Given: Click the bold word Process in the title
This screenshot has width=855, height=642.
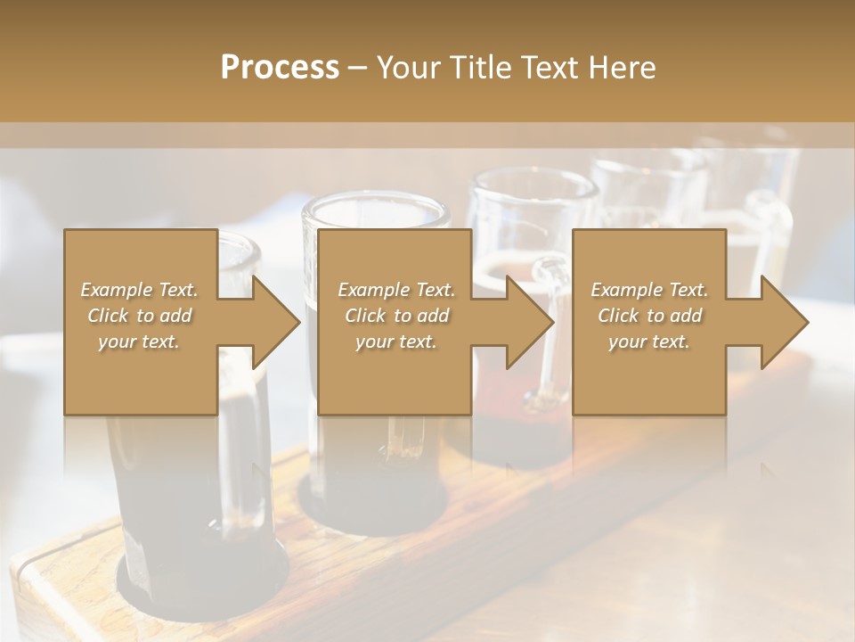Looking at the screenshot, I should click(x=280, y=68).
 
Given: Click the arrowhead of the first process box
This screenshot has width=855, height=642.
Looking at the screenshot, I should click(x=277, y=322).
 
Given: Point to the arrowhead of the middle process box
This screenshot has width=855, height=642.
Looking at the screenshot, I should click(x=531, y=322).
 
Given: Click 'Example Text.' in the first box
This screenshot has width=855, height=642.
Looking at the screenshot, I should click(x=140, y=290).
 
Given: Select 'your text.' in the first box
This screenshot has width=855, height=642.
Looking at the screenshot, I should click(x=140, y=342).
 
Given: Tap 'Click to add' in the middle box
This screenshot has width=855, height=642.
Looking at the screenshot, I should click(x=396, y=316).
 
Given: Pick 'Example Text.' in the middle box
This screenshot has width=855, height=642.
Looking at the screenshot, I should click(x=396, y=290).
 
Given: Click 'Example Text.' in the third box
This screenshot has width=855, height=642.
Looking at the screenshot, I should click(x=649, y=290).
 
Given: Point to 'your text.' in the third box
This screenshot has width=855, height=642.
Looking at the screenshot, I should click(x=649, y=342).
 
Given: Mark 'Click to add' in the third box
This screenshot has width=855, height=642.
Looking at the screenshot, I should click(x=649, y=316).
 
